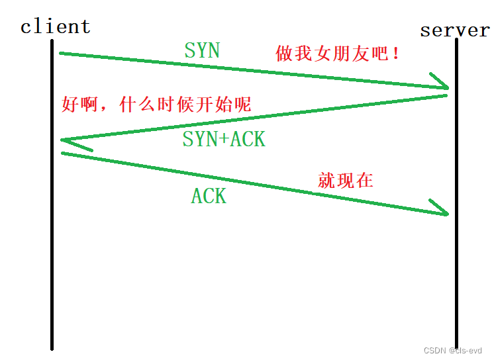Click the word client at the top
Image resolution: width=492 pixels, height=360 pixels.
(55, 26)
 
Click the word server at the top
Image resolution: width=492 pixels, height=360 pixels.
(455, 30)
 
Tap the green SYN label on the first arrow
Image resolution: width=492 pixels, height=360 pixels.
(202, 50)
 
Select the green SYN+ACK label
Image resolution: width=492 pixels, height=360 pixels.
(224, 139)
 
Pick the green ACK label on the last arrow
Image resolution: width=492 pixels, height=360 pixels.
(209, 196)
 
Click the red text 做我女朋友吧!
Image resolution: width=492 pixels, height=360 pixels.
(338, 54)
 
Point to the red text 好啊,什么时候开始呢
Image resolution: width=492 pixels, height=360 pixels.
(156, 104)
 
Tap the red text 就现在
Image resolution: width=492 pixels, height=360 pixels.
(346, 181)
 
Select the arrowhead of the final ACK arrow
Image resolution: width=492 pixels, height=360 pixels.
(442, 209)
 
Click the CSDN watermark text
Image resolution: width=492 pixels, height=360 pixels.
(452, 350)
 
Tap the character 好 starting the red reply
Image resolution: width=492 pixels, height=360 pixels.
(70, 104)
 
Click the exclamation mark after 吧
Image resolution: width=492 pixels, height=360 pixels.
(396, 54)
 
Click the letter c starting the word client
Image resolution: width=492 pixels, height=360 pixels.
(26, 28)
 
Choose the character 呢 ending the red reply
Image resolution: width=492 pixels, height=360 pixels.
(242, 104)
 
